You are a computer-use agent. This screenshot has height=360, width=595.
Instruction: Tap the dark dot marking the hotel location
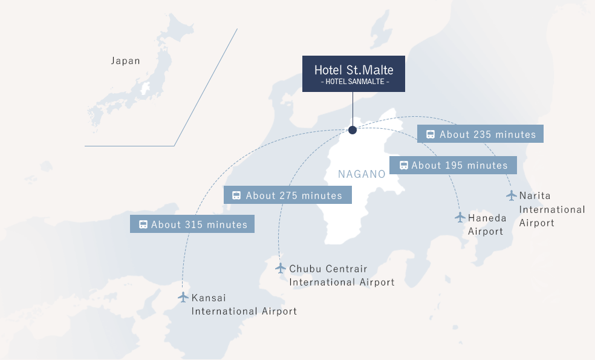tap(353, 130)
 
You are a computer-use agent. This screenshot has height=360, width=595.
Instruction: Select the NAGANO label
tap(362, 174)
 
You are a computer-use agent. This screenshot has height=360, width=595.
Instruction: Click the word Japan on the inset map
tap(126, 61)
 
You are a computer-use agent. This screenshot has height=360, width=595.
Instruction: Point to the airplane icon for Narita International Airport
tap(512, 195)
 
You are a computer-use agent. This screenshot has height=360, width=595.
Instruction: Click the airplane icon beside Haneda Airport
tap(460, 217)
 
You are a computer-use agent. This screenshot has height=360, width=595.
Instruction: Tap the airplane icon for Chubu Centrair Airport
tap(281, 267)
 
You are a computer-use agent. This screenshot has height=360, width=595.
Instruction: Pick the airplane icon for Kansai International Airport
tap(183, 297)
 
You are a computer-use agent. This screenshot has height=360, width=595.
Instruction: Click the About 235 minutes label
tap(480, 134)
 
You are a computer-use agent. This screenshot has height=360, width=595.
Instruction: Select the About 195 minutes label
tap(453, 165)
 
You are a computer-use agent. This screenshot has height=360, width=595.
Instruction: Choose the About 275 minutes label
tap(287, 195)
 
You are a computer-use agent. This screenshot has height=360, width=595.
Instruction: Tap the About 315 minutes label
tap(192, 224)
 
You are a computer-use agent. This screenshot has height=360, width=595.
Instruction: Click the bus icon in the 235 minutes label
tap(431, 135)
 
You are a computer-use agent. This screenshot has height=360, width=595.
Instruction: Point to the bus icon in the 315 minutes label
tap(143, 224)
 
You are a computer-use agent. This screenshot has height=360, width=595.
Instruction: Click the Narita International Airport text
tap(552, 209)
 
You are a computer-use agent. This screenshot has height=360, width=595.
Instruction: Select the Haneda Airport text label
tap(487, 224)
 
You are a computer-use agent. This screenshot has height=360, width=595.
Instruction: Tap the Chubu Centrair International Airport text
tap(342, 275)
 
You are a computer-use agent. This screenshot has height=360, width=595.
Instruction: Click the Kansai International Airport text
tap(244, 304)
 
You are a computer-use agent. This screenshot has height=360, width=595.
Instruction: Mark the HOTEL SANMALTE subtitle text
tap(354, 82)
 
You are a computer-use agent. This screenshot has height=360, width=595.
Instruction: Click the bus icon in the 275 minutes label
tap(237, 195)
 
